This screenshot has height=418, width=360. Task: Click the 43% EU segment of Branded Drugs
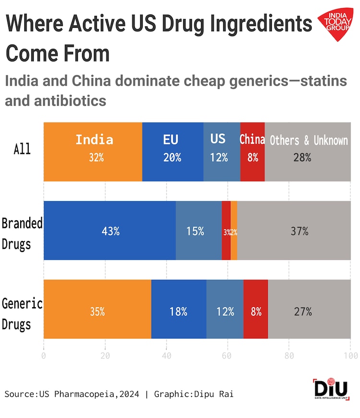(x=110, y=231)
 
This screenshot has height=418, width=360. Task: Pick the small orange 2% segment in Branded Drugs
(x=234, y=231)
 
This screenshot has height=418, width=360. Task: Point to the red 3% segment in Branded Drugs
(x=226, y=231)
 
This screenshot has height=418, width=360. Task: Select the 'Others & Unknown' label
(x=309, y=140)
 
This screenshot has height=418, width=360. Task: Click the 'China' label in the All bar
(x=252, y=139)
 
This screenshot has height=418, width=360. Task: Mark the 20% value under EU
(x=172, y=157)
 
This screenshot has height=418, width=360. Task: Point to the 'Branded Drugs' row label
(x=22, y=234)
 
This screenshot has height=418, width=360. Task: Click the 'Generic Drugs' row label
(x=22, y=313)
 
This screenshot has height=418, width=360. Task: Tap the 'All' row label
(x=22, y=149)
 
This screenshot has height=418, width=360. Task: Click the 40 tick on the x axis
(x=167, y=356)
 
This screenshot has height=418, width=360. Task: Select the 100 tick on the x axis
(x=350, y=356)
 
